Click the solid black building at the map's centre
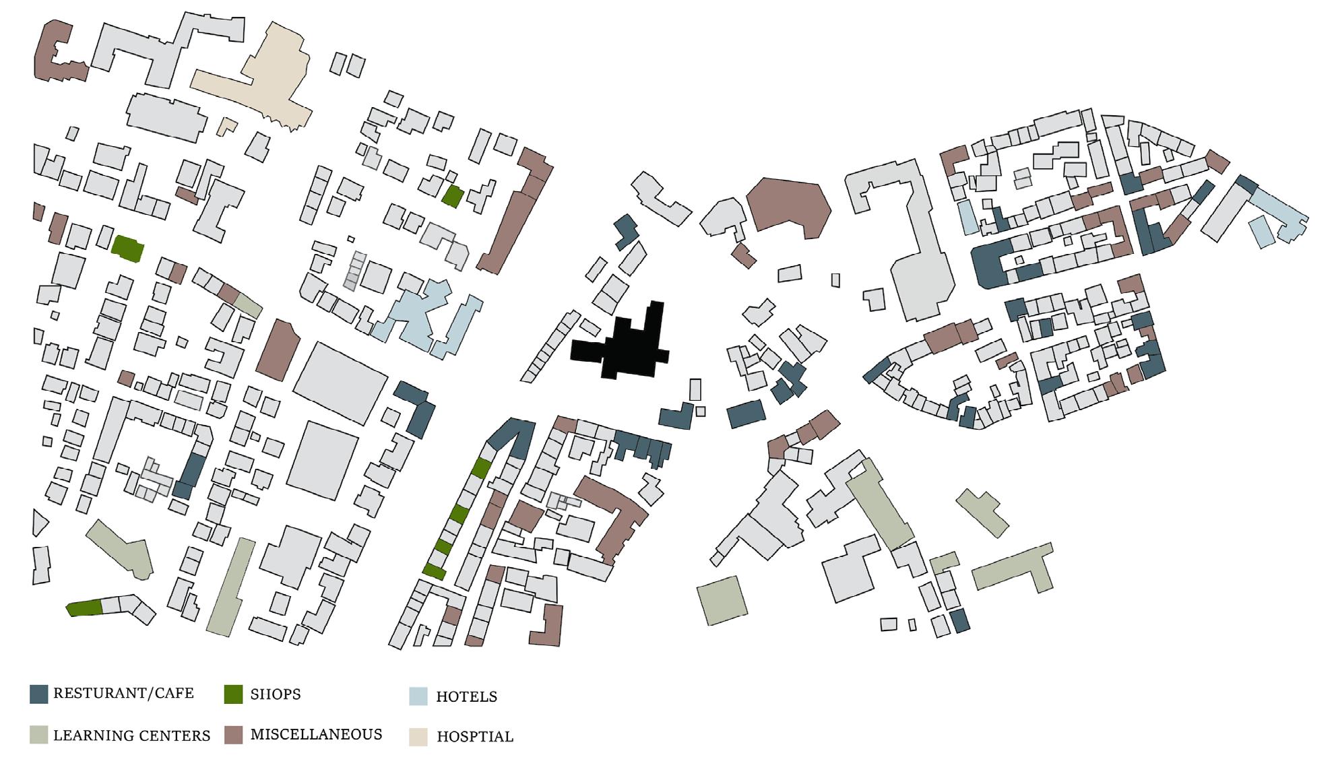[x=627, y=350]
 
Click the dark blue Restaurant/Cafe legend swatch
[x=39, y=694]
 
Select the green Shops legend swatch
[x=233, y=694]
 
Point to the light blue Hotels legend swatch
[x=418, y=696]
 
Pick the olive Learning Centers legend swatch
[x=39, y=735]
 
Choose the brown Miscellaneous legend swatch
[x=233, y=735]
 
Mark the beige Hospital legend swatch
[x=418, y=737]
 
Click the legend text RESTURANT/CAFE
[x=123, y=693]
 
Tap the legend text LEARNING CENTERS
[x=131, y=736]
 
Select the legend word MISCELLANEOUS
[x=316, y=734]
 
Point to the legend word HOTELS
[x=466, y=696]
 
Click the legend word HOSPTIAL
[x=475, y=737]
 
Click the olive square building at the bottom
[x=722, y=600]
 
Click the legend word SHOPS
[x=276, y=694]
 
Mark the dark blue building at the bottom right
[x=960, y=620]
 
